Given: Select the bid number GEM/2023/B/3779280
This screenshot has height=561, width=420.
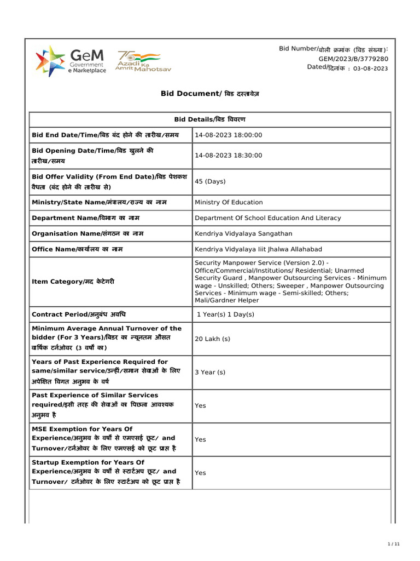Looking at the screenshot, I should click(353, 59).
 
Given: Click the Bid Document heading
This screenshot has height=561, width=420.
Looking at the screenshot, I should click(210, 94).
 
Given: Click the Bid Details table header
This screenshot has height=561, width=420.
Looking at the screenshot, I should click(210, 119).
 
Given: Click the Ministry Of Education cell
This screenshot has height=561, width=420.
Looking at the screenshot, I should click(229, 202).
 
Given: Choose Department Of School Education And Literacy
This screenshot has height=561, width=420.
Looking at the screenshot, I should click(267, 218).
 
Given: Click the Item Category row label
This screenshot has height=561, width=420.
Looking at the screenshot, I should click(73, 282).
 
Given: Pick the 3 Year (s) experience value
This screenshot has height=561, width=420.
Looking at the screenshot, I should click(210, 373).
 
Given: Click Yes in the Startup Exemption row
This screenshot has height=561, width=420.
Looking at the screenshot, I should click(200, 473).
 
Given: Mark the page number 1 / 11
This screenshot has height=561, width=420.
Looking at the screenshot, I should click(394, 543).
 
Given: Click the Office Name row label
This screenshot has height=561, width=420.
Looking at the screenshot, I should click(77, 249).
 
